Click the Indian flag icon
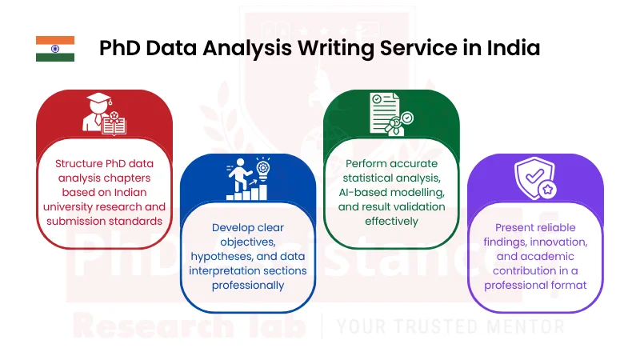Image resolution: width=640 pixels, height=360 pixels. coord(55,49)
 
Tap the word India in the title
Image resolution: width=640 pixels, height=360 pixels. coord(512,48)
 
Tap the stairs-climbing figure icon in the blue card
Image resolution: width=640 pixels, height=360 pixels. coord(247,180)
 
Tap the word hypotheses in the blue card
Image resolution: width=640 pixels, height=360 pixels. coord(225,256)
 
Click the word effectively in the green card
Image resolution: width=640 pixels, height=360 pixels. coord(391,221)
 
